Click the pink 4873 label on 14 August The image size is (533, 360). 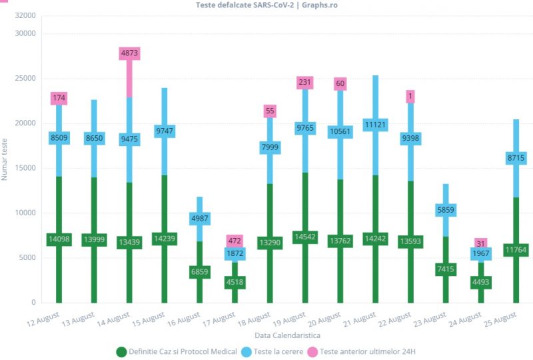pos(129,53)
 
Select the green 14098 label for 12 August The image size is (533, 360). pos(59,239)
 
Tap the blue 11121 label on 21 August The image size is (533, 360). pos(376,125)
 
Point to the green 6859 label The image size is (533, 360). pos(200,272)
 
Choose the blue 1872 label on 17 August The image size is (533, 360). pos(235,253)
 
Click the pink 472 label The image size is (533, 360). pos(235,241)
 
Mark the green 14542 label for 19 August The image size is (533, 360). pos(305,237)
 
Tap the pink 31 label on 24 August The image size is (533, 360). pos(481,243)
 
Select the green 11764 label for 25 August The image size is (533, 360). pos(516,250)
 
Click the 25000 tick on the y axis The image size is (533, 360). pos(25,78)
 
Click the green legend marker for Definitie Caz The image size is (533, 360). pos(121,351)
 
